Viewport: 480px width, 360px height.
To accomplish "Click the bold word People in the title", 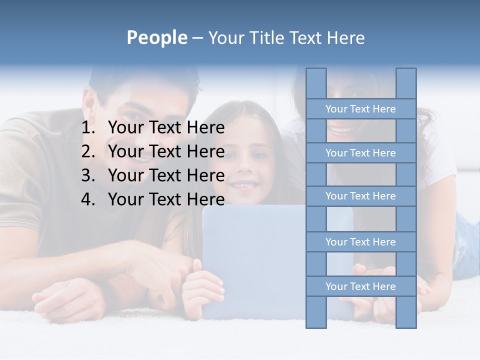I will coord(156,37).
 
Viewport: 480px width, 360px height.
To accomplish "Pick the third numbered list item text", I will coord(166,175).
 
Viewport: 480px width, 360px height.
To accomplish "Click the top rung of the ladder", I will coord(360,109).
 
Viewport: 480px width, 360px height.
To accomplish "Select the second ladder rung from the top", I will coord(360,153).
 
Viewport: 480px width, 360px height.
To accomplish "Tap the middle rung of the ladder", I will coord(360,196).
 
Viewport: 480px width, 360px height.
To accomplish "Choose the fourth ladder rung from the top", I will coord(360,242).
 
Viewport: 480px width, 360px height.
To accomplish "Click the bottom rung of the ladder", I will coord(360,286).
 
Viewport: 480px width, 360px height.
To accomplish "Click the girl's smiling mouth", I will coord(244,185).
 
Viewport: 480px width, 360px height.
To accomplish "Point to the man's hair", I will coord(145,80).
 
